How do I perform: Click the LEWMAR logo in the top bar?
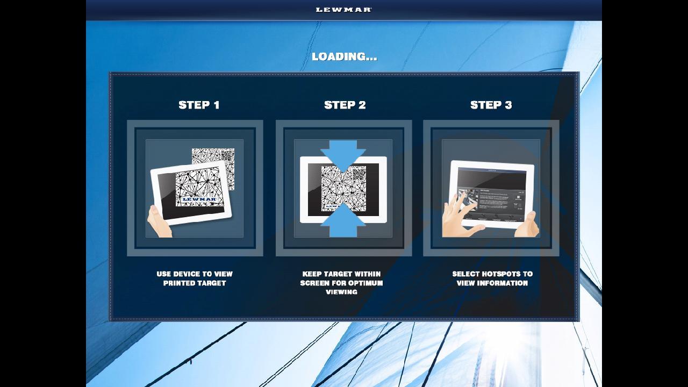click(343, 10)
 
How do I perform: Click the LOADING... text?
click(344, 56)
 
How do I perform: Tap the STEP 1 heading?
click(199, 105)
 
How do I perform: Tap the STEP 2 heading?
click(345, 105)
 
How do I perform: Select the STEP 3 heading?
click(491, 105)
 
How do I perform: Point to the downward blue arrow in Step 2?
click(343, 154)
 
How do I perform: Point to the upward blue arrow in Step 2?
click(343, 224)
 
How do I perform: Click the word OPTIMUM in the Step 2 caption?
click(365, 283)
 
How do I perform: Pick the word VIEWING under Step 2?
click(341, 292)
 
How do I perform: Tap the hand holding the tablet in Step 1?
click(160, 222)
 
